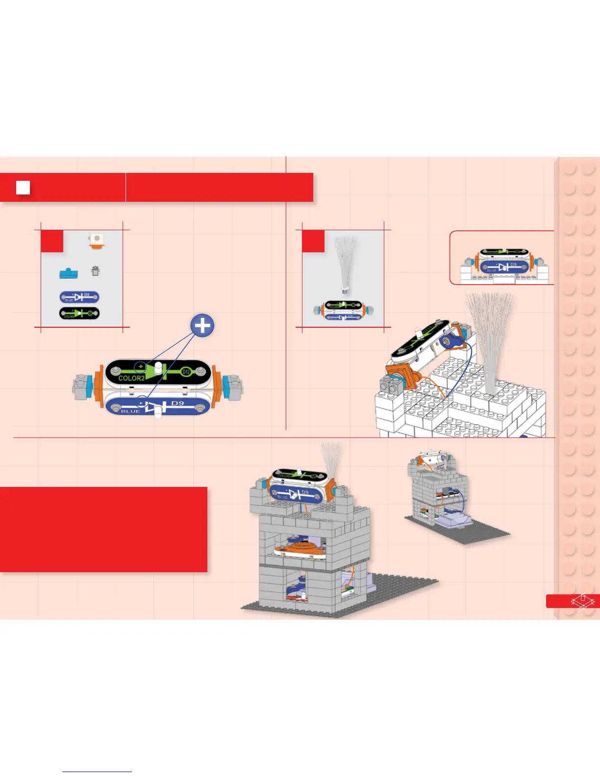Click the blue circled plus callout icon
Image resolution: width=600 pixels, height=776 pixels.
[202, 326]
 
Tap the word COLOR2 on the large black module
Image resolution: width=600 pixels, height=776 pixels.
[131, 378]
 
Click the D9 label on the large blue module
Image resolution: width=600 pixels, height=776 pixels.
[177, 403]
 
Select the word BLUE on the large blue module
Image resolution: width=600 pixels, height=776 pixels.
[130, 411]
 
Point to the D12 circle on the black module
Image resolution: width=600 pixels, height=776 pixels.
[186, 372]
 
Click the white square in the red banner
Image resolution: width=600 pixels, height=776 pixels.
[23, 188]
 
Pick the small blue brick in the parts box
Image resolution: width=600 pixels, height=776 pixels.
[68, 273]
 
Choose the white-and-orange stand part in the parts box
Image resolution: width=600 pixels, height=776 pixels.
[97, 242]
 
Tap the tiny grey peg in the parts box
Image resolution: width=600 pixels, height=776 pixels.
[96, 270]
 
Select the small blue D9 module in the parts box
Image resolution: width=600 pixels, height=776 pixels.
[79, 297]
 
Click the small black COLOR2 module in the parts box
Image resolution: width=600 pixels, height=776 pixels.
[79, 314]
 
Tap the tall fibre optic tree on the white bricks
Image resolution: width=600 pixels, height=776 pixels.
[489, 338]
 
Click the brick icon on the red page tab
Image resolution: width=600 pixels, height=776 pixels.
[582, 601]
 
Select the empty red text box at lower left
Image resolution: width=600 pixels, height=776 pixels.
[103, 529]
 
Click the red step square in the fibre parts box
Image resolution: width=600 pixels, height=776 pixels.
[313, 241]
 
